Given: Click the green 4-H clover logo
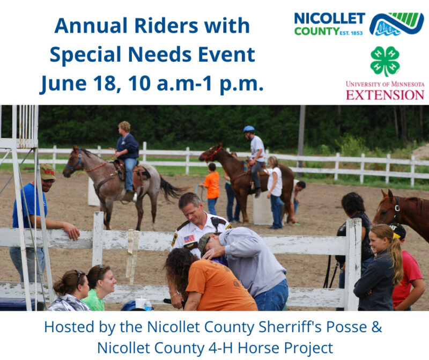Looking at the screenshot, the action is [x=385, y=61].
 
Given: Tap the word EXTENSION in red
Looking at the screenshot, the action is [x=385, y=95].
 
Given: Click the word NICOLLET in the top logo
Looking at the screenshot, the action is [x=329, y=19].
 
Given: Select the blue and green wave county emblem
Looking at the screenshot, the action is [x=396, y=24].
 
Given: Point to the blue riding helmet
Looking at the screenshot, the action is [x=249, y=129].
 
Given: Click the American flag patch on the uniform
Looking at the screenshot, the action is [x=189, y=239].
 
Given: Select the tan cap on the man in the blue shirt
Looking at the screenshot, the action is [x=48, y=171].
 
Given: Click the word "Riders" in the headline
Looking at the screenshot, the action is [x=166, y=26].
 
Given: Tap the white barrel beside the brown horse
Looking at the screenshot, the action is [x=262, y=208].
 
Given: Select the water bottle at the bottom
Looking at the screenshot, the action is [x=148, y=305].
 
